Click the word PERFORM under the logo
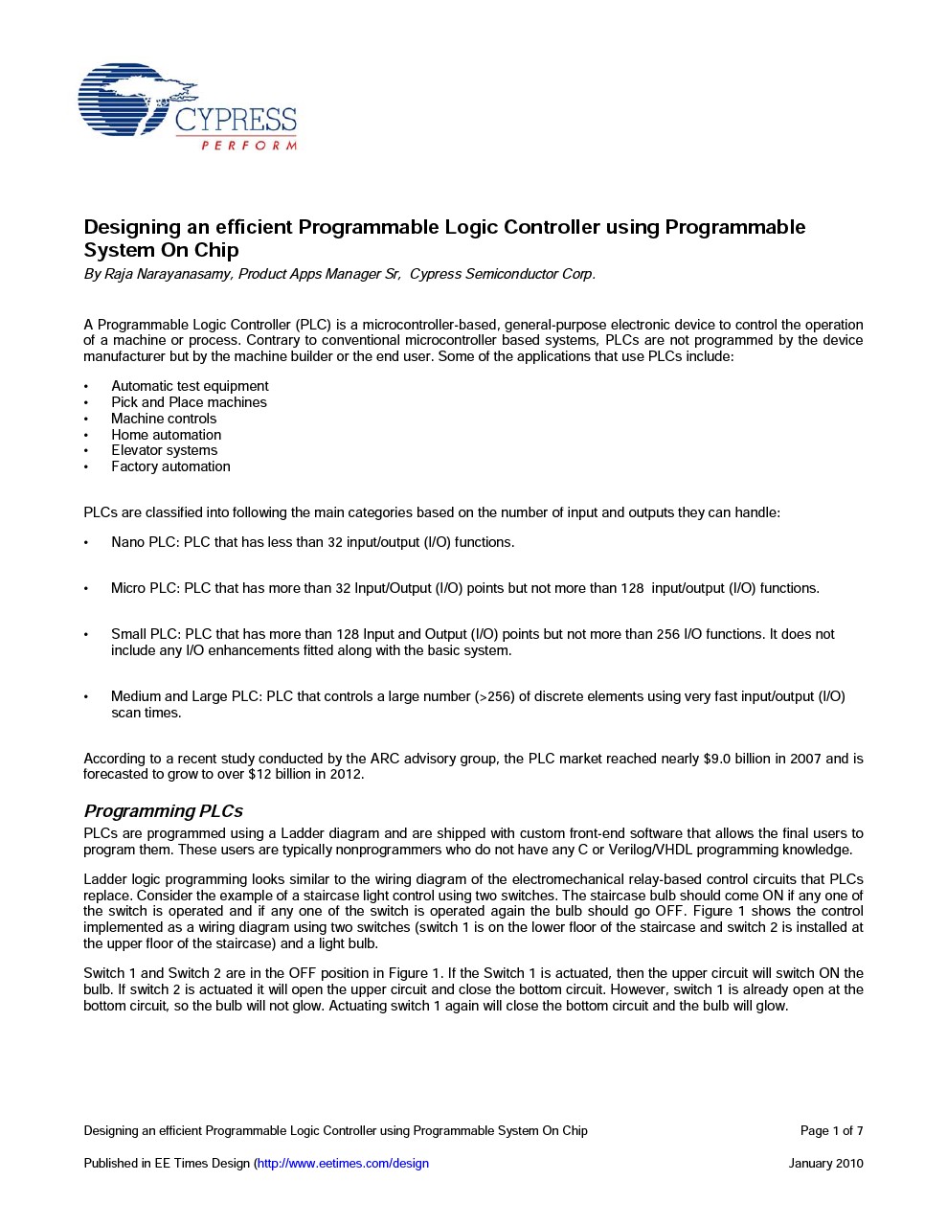coord(248,146)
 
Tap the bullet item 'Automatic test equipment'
coord(190,386)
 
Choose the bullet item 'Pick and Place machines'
coord(189,402)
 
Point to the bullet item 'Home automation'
coord(166,435)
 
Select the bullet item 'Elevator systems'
coord(164,450)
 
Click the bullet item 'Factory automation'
coord(170,466)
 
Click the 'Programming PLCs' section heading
coord(163,811)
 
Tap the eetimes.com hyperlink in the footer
coord(343,1163)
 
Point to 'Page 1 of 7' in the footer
coord(831,1130)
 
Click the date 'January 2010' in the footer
coord(825,1163)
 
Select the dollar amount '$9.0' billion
coord(717,759)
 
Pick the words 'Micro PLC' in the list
coord(145,588)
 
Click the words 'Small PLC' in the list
coord(146,634)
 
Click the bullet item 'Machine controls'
coord(164,419)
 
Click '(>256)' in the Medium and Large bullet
coord(495,696)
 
